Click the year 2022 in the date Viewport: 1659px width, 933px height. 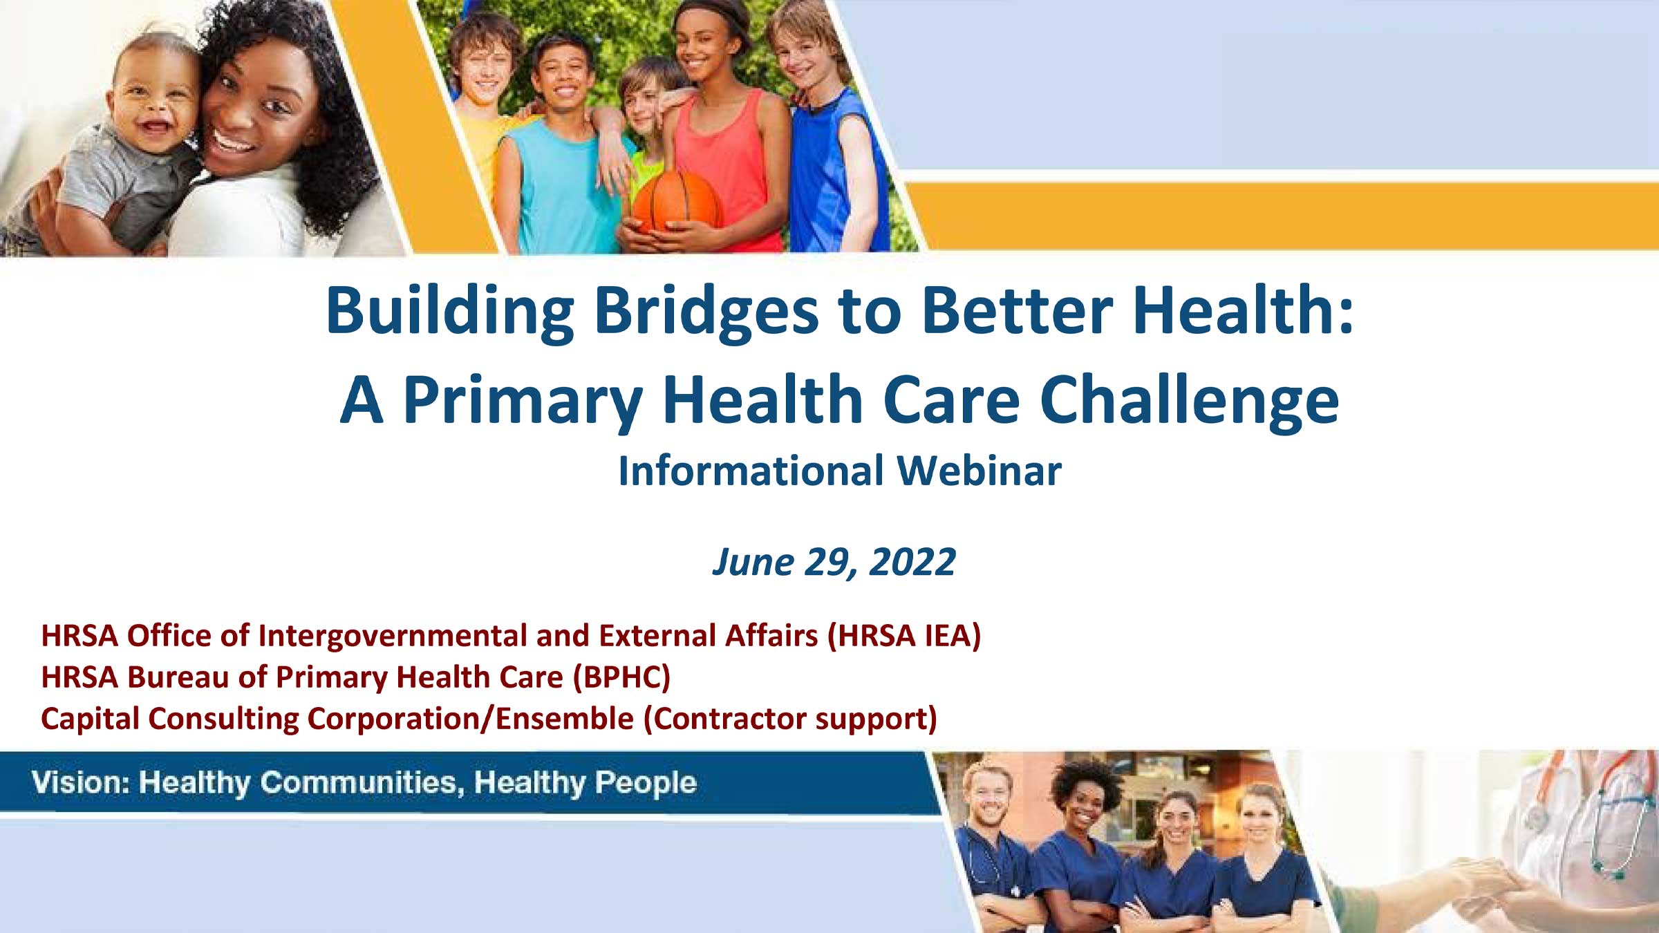point(912,561)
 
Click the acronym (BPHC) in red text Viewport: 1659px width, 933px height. point(621,677)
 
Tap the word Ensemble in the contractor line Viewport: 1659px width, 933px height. point(565,718)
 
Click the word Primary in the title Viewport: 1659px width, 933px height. point(523,401)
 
